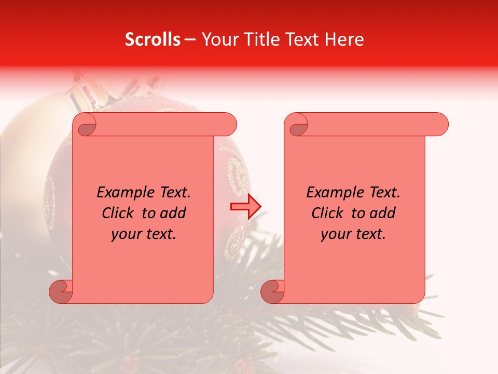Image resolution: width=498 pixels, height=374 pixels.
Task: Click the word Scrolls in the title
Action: [x=153, y=39]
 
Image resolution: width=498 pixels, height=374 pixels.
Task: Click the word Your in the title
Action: [x=218, y=39]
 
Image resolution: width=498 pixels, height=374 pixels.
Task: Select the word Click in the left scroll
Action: [x=117, y=213]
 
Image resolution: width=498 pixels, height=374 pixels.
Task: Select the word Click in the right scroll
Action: [x=327, y=213]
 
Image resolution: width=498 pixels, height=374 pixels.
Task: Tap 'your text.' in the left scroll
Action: [x=144, y=234]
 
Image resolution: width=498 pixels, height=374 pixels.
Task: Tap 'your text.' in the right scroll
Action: [x=353, y=234]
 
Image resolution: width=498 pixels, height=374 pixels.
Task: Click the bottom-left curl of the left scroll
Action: [x=61, y=291]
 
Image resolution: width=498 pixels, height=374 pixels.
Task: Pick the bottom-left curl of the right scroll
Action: [x=272, y=291]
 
